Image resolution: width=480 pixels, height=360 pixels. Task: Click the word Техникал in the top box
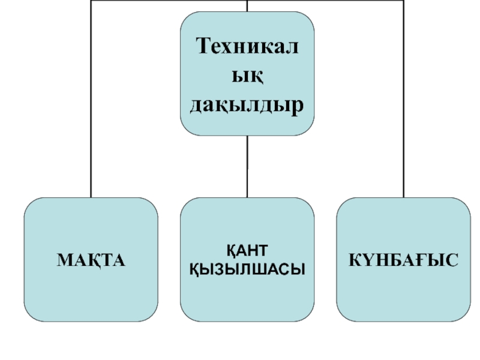tap(247, 46)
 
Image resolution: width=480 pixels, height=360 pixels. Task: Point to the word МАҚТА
tap(91, 260)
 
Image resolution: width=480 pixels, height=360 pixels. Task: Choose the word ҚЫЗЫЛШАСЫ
tap(247, 269)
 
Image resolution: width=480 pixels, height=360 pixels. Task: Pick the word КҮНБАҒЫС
tap(403, 260)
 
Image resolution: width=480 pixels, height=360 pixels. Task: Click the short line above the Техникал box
tap(247, 5)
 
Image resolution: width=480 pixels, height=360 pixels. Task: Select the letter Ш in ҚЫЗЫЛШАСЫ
tap(256, 269)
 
